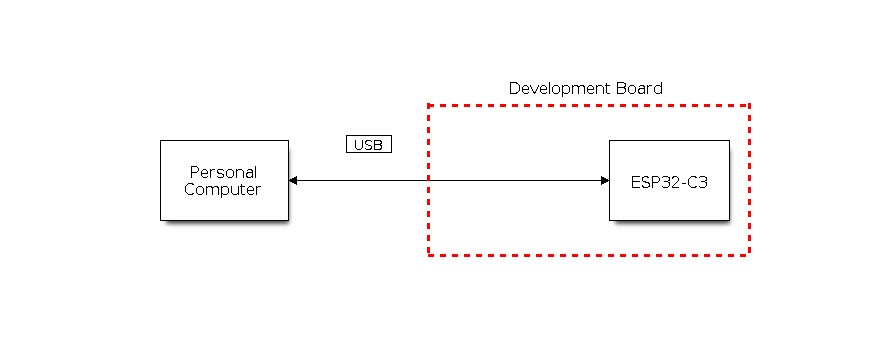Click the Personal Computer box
click(224, 180)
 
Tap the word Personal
click(223, 172)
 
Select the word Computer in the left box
click(223, 189)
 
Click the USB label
click(368, 145)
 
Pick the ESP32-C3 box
click(669, 180)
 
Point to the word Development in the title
click(554, 88)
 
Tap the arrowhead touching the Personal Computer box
click(293, 180)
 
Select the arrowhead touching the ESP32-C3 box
click(604, 180)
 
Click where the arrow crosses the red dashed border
click(429, 180)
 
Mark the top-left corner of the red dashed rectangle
click(429, 105)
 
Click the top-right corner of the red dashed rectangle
click(749, 105)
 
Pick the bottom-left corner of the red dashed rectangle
click(429, 255)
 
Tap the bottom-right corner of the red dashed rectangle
click(749, 255)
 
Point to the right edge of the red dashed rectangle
click(749, 180)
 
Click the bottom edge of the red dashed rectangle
click(589, 255)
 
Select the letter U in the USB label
click(359, 145)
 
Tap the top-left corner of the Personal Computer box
click(161, 141)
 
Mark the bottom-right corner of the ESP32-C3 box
click(729, 220)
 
